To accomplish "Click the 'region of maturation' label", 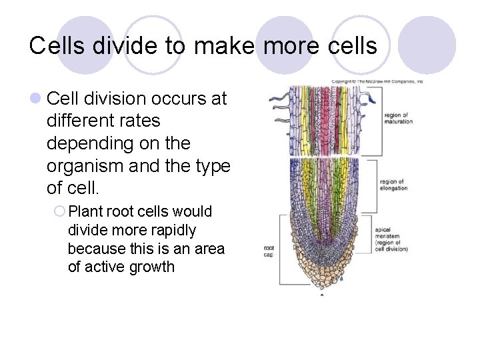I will tap(398, 118).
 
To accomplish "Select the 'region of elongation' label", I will tap(393, 185).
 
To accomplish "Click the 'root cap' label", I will tap(269, 250).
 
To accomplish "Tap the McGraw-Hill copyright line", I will tap(377, 81).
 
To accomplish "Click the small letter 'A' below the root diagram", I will tap(323, 294).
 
